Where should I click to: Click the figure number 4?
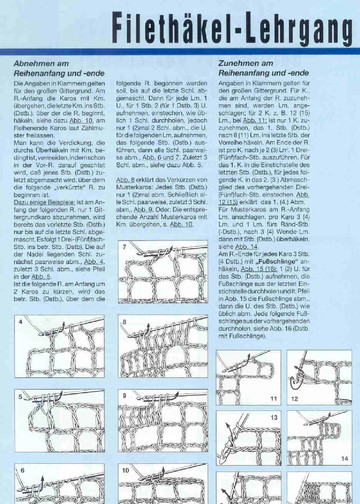pos(20,323)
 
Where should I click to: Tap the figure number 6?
pos(20,468)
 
